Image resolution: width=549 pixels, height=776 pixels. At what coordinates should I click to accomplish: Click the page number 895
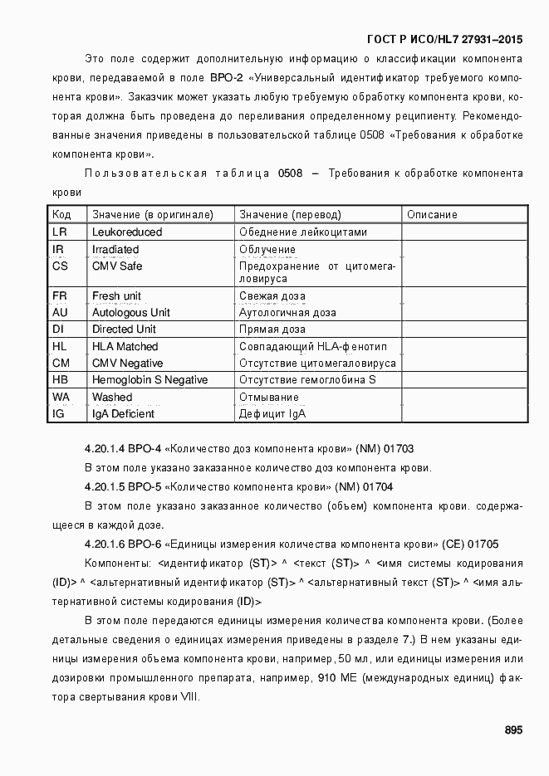(512, 730)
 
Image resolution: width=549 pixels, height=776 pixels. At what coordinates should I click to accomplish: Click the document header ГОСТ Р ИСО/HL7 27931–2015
(444, 39)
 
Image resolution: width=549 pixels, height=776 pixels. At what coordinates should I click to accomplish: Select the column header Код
(61, 215)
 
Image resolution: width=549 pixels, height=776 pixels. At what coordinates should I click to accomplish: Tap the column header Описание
(432, 215)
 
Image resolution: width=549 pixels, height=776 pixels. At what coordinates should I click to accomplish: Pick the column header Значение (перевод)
(290, 215)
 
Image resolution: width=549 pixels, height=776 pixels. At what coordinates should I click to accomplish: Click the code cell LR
(59, 232)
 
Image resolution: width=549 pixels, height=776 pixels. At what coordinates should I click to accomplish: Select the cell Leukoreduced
(127, 232)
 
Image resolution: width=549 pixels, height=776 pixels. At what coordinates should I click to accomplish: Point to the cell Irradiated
(115, 250)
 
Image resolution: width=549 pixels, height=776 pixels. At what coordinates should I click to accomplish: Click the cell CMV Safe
(117, 266)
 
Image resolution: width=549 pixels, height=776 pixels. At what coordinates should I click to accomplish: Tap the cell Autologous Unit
(130, 313)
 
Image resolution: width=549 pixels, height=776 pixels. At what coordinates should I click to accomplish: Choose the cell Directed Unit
(124, 329)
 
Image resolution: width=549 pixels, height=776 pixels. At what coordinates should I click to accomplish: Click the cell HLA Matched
(125, 347)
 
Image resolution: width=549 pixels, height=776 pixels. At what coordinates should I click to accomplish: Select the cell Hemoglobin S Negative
(150, 380)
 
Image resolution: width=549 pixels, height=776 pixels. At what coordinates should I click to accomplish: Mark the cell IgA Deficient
(123, 414)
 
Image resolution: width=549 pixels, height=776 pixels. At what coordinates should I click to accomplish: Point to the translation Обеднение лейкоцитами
(302, 232)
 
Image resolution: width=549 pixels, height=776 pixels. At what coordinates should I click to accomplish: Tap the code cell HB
(60, 380)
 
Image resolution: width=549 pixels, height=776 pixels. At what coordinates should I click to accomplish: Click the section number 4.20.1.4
(105, 448)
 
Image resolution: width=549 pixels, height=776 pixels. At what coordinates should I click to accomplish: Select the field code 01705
(483, 544)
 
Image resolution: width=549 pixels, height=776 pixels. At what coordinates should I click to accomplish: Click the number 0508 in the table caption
(290, 173)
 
